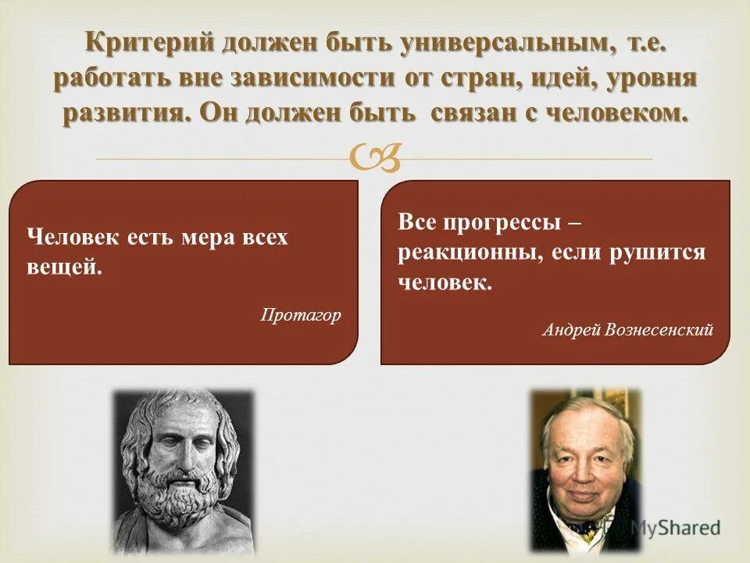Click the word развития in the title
tap(126, 113)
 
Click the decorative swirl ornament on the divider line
tap(376, 159)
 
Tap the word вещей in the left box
tap(63, 267)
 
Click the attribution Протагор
tap(301, 315)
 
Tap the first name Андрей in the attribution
tap(568, 329)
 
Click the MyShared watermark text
tap(675, 528)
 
